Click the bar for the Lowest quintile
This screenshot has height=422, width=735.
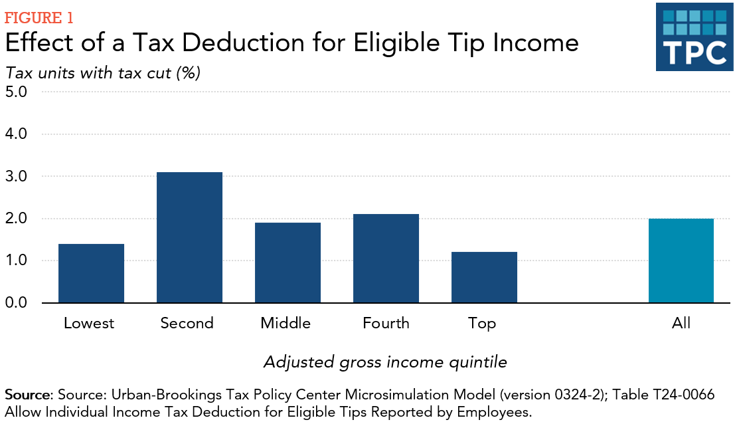click(x=91, y=273)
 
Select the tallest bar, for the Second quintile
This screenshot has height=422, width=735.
click(x=189, y=237)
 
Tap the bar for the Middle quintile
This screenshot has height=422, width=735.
click(x=287, y=263)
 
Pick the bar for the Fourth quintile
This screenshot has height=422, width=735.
click(x=386, y=259)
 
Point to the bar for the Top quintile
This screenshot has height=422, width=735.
click(x=484, y=277)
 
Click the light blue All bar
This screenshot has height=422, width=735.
click(x=681, y=261)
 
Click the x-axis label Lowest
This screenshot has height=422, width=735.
click(x=89, y=324)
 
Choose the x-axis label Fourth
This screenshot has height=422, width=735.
click(x=386, y=324)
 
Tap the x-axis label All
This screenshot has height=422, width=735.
click(x=681, y=324)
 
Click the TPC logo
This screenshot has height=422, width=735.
click(x=694, y=37)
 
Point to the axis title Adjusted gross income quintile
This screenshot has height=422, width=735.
click(x=385, y=362)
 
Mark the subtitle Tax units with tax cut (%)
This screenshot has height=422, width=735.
click(x=103, y=72)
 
